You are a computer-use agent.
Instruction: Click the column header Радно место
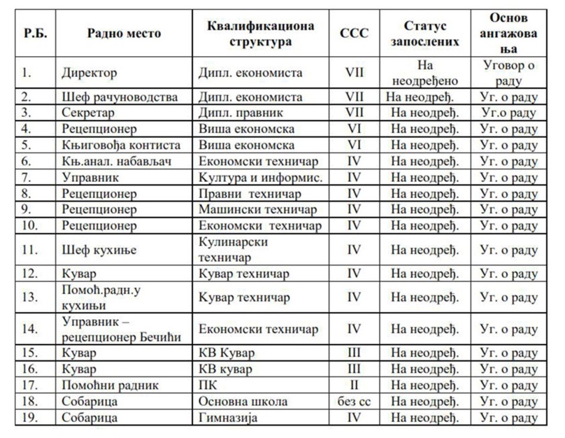[124, 34]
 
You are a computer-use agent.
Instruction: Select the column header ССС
[354, 34]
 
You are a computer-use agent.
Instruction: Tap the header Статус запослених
[424, 34]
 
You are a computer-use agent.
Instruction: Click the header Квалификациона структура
[260, 34]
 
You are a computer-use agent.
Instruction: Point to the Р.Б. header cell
[35, 34]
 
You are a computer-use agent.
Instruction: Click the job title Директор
[89, 73]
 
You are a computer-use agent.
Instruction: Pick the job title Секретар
[88, 113]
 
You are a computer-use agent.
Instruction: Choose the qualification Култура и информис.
[260, 177]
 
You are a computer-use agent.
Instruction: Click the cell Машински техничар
[257, 209]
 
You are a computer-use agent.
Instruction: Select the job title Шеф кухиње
[99, 249]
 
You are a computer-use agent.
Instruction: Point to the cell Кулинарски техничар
[233, 249]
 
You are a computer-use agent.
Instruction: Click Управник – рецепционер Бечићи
[122, 329]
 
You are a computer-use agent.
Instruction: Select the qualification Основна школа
[243, 401]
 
